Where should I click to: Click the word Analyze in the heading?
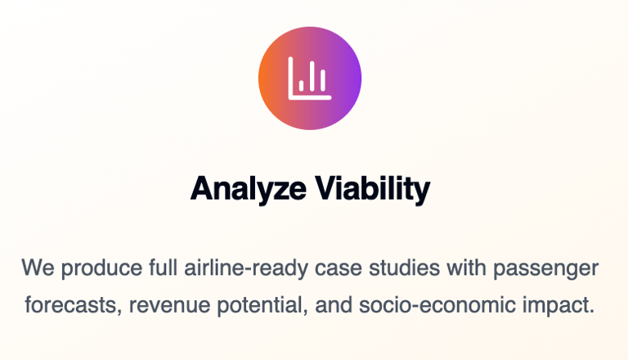tap(249, 189)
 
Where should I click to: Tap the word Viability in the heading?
tap(373, 189)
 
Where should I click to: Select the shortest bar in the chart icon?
tap(301, 85)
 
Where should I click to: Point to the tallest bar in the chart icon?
tap(312, 76)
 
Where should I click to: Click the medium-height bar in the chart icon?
tap(323, 80)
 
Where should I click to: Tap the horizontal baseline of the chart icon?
tap(311, 97)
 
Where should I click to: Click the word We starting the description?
tap(38, 268)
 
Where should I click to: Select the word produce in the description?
tap(101, 268)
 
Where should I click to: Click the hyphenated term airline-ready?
tap(246, 268)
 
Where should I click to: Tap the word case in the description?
tap(338, 268)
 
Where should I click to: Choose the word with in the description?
tap(466, 267)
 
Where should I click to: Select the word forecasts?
tap(74, 305)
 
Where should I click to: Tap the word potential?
tap(262, 306)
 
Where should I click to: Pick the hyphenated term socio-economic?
tap(437, 304)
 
